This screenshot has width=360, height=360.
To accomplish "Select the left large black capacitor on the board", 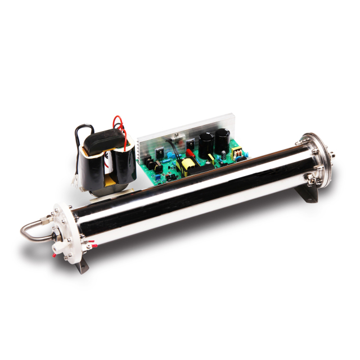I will [205, 143].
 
